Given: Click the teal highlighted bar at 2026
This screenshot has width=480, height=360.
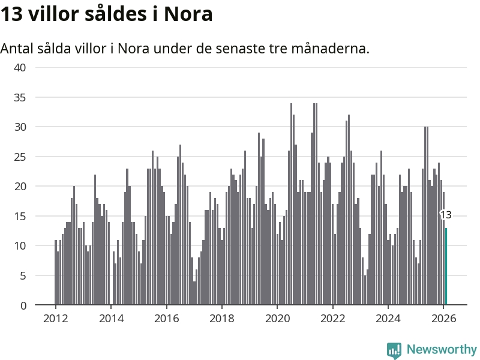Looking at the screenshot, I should coord(446,266).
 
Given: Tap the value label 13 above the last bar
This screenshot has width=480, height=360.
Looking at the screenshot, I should coord(446,215).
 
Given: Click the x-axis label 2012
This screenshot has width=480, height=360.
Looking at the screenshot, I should coord(55,318).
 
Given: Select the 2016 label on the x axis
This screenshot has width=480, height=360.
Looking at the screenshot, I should coord(166,318).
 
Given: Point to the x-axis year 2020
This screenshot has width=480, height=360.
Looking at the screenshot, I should coord(277,318).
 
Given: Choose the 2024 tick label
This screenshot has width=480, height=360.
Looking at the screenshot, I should coord(388,318).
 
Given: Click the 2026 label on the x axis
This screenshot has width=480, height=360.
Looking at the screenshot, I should coord(443,318).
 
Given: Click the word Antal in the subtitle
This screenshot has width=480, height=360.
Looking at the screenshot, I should coord(16,48).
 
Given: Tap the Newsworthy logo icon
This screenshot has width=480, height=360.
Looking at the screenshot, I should coord(394,350).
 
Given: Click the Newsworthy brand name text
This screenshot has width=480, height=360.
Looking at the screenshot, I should coord(442,349).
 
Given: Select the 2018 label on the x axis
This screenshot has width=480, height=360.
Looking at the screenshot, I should coord(222,318).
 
